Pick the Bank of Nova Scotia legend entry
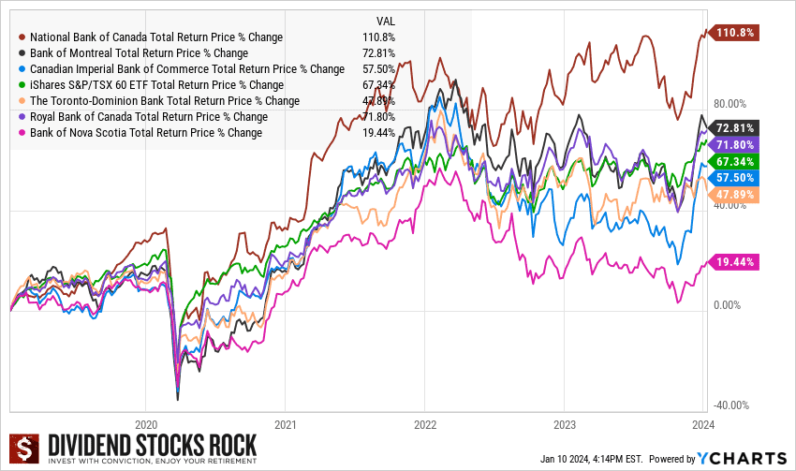145,133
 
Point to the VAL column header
385,21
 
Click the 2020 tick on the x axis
146,422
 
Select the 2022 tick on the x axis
424,422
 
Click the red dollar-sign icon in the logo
25,449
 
